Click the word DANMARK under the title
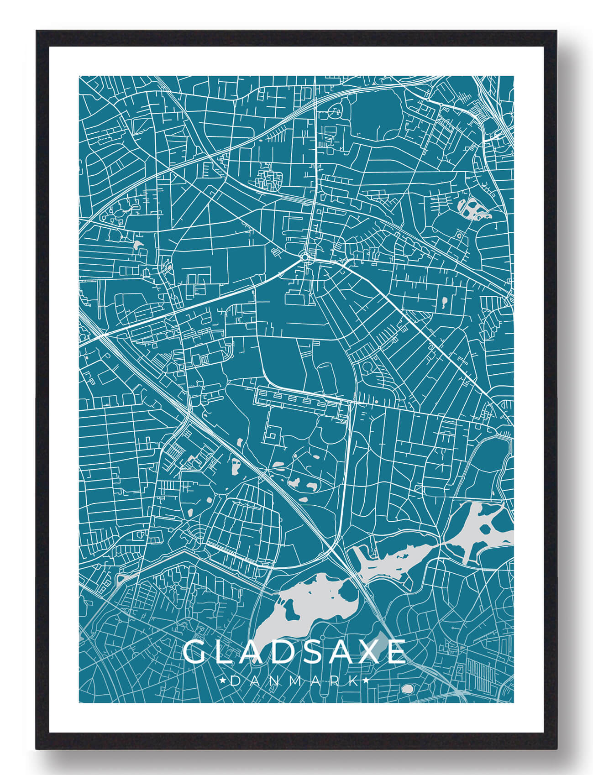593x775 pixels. click(x=294, y=681)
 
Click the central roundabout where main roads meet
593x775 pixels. click(x=305, y=258)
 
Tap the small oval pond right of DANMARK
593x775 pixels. click(x=406, y=689)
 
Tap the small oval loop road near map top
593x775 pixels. click(x=336, y=110)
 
